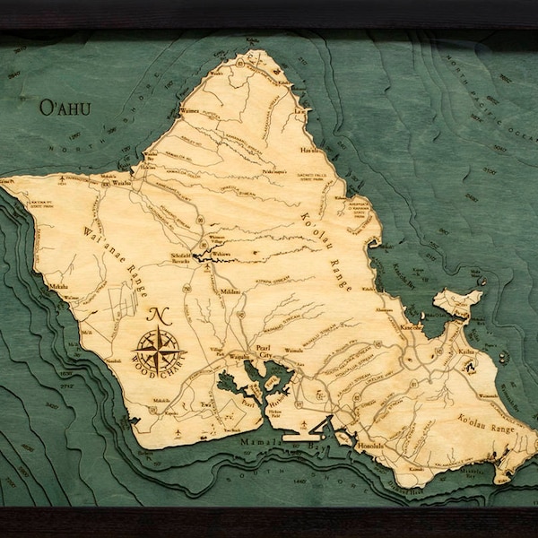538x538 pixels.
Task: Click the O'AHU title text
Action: (x=63, y=108)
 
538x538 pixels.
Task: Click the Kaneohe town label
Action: (x=412, y=329)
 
